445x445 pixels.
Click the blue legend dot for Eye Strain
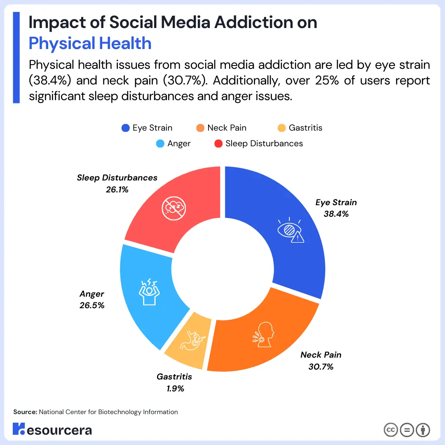(x=125, y=128)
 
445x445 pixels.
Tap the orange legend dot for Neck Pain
(x=200, y=128)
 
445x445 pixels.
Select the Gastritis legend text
(x=305, y=128)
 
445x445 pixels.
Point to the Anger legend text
(x=179, y=143)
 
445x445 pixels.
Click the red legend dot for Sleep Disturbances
(x=218, y=143)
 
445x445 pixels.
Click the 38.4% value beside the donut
(x=336, y=214)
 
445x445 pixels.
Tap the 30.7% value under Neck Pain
(x=321, y=366)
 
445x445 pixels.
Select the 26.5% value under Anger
(x=92, y=306)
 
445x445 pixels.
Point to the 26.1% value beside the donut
(x=117, y=190)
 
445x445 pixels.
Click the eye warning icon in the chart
(x=291, y=231)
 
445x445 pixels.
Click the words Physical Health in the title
(x=90, y=43)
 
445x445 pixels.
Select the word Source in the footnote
(x=25, y=412)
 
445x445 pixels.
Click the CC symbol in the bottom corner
(x=390, y=430)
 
